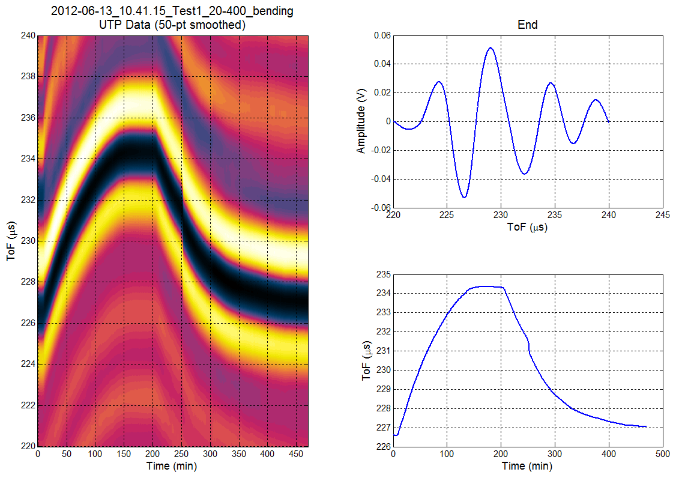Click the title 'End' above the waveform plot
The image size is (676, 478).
[x=528, y=25]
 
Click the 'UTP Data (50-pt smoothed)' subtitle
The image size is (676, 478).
[x=173, y=25]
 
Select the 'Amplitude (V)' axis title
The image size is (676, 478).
[x=361, y=129]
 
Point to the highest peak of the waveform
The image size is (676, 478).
[x=491, y=48]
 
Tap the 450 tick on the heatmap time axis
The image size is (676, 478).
[x=297, y=455]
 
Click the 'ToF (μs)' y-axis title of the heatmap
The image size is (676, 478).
[x=11, y=240]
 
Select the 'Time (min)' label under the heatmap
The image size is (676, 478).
[x=173, y=466]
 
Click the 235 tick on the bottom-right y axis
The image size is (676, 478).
[x=383, y=274]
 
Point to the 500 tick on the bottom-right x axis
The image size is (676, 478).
[x=663, y=455]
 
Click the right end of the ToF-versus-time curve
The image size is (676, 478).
[x=646, y=426]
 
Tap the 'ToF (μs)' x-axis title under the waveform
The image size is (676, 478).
[x=528, y=227]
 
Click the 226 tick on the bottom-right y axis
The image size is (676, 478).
[x=383, y=447]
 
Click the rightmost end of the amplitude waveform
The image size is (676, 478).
[x=609, y=122]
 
